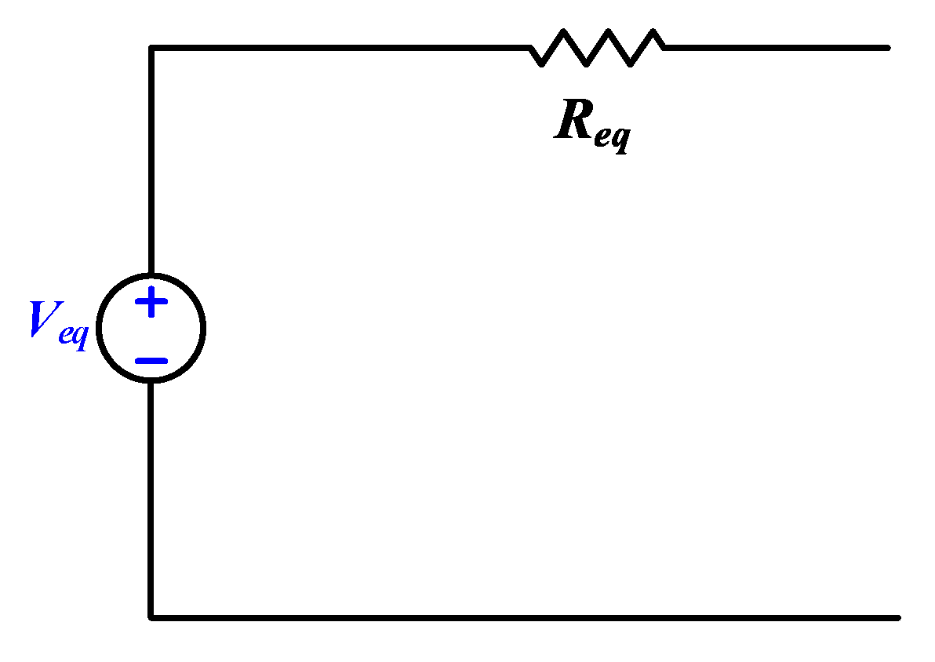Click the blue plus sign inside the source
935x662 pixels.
pyautogui.click(x=151, y=303)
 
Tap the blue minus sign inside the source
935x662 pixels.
pyautogui.click(x=151, y=361)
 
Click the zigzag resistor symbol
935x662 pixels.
pyautogui.click(x=598, y=48)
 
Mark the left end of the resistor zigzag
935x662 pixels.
pyautogui.click(x=530, y=48)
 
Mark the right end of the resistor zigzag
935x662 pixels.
pyautogui.click(x=665, y=48)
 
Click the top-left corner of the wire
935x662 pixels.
pyautogui.click(x=151, y=48)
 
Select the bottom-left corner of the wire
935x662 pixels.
pyautogui.click(x=151, y=617)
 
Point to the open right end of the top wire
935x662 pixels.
pyautogui.click(x=887, y=48)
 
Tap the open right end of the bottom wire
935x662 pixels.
pyautogui.click(x=897, y=617)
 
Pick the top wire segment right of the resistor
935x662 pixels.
pyautogui.click(x=777, y=48)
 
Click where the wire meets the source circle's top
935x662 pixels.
pyautogui.click(x=151, y=275)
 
